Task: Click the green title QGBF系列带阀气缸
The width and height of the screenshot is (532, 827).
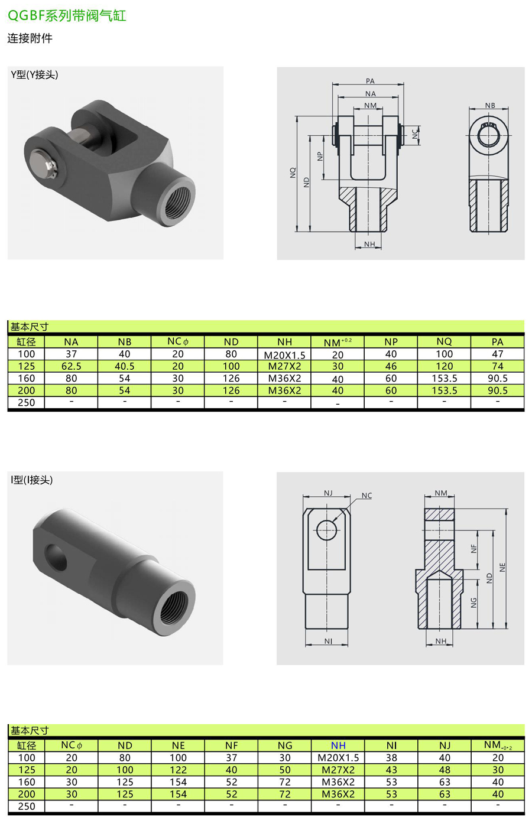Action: click(x=67, y=15)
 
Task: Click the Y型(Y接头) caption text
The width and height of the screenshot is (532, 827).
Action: click(x=34, y=74)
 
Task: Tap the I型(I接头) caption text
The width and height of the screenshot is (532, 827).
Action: click(x=32, y=480)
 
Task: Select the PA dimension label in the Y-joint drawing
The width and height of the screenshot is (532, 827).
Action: click(x=370, y=81)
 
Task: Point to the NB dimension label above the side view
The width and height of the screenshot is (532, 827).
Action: click(x=490, y=105)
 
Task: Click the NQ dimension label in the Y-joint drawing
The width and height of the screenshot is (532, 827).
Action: click(x=293, y=172)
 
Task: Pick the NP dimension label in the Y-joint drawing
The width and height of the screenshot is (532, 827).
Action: click(x=320, y=157)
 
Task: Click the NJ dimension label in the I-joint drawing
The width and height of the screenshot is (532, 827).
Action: click(x=328, y=493)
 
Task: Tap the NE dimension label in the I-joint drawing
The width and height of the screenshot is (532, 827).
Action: click(x=502, y=568)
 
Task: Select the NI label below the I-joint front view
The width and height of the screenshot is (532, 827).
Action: click(x=328, y=641)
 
